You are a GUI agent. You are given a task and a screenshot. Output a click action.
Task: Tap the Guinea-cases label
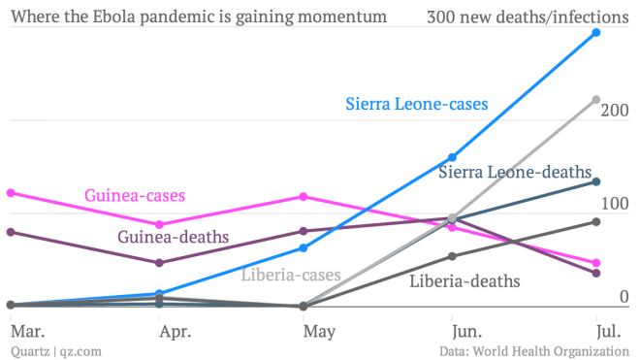click(135, 196)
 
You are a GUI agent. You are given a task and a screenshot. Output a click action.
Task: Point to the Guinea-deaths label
click(174, 237)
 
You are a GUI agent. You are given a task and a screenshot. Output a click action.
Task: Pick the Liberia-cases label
click(291, 275)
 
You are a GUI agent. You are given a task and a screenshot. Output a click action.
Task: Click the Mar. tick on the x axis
click(26, 332)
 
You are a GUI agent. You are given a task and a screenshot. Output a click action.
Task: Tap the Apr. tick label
click(175, 332)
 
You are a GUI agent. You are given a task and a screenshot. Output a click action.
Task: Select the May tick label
click(319, 332)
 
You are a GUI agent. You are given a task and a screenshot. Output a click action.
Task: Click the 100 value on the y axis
click(615, 204)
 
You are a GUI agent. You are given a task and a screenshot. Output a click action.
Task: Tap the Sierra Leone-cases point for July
click(596, 33)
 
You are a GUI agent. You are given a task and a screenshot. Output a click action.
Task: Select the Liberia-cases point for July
click(596, 100)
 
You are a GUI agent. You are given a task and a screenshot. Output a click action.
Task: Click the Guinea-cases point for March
click(10, 193)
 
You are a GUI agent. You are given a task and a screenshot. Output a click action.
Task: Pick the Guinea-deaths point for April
click(159, 263)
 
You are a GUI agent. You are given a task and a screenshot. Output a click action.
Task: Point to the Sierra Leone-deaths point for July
click(596, 181)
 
